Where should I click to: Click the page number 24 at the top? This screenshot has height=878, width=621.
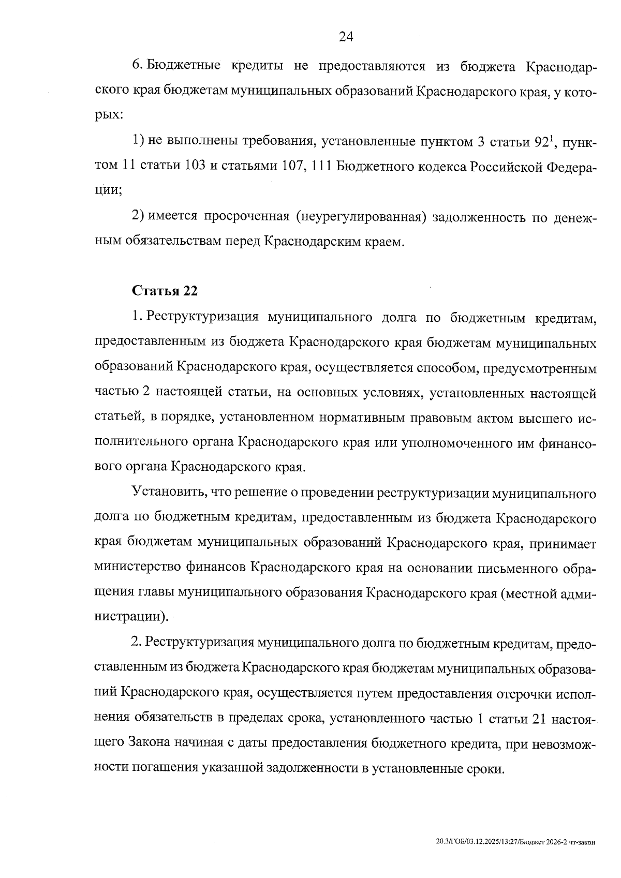345,36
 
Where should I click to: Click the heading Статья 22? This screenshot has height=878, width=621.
165,291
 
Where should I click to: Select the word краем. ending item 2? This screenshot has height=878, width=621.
383,241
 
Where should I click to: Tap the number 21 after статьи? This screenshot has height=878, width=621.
537,718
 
